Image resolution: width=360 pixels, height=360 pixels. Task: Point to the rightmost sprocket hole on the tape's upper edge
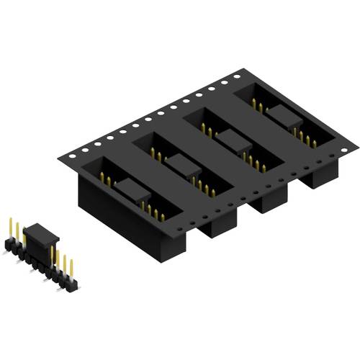237,74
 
